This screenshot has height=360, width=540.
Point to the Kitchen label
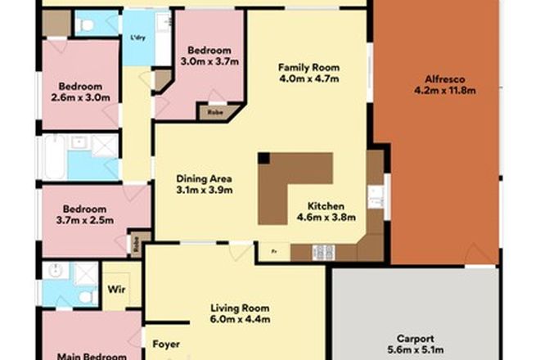(x=326, y=206)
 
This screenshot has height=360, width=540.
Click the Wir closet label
(x=115, y=287)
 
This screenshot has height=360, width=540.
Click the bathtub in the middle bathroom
(x=53, y=157)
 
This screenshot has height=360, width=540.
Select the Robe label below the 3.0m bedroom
(x=217, y=112)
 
